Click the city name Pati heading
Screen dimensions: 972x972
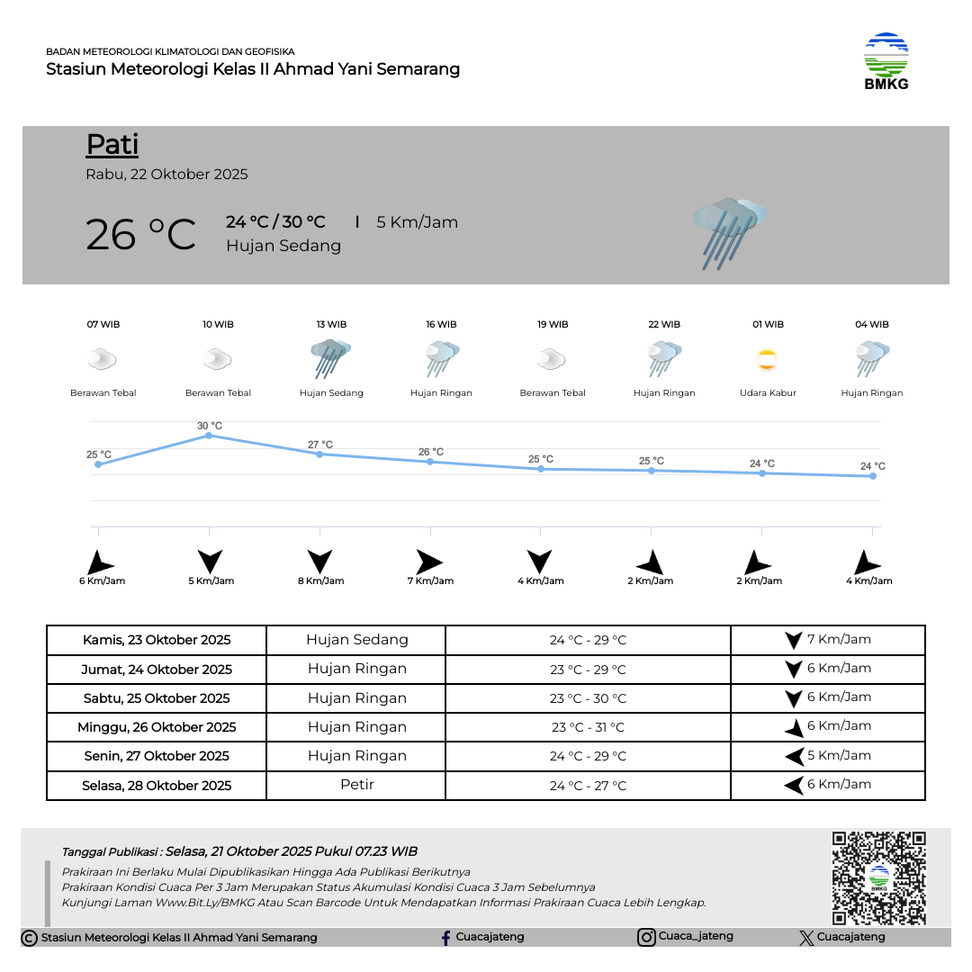(x=112, y=145)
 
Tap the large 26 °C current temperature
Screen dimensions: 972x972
(x=140, y=235)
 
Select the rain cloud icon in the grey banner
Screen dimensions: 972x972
(x=729, y=232)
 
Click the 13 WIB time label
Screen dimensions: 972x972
(x=331, y=324)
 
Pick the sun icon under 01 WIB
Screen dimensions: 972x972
(x=767, y=361)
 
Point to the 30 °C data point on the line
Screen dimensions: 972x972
(x=209, y=436)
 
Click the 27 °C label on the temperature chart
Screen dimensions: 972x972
(x=320, y=445)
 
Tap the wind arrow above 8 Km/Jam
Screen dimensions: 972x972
(x=319, y=562)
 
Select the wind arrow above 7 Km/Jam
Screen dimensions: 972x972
(x=429, y=562)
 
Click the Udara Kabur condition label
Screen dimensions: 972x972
(x=768, y=393)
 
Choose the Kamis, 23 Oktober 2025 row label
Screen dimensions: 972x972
(x=157, y=641)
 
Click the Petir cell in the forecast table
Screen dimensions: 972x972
(x=357, y=785)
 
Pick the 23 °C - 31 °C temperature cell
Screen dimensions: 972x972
(x=588, y=727)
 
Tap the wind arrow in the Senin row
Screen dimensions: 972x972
(x=794, y=757)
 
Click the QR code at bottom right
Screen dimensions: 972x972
(x=878, y=878)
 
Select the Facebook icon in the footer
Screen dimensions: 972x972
(x=445, y=938)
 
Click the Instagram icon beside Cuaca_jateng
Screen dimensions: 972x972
(x=646, y=938)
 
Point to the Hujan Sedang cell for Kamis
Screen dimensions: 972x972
(x=357, y=640)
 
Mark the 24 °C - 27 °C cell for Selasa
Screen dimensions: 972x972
(x=588, y=786)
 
